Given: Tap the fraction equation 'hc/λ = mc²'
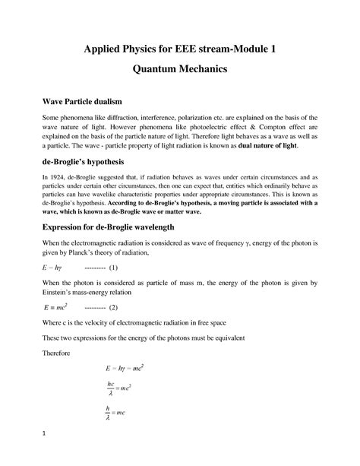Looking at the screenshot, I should [120, 391].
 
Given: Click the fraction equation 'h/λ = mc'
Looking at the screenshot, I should [116, 414].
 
